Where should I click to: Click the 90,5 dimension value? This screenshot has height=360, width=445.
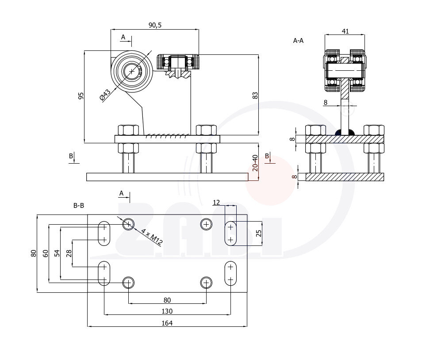click(155, 25)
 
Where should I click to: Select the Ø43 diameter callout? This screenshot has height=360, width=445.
click(105, 95)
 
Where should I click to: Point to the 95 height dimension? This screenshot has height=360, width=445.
click(81, 96)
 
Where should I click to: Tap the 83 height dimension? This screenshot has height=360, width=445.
click(255, 95)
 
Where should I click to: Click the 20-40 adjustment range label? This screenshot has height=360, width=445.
click(255, 164)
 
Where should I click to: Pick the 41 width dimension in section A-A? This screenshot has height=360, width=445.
click(346, 31)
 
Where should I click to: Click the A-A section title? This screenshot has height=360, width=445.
click(299, 41)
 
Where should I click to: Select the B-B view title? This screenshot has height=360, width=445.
click(79, 206)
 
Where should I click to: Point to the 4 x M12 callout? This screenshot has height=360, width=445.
click(150, 236)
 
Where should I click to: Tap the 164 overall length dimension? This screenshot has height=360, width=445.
click(167, 323)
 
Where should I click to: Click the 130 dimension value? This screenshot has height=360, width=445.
click(167, 311)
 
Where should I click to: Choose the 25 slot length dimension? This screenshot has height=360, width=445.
click(259, 234)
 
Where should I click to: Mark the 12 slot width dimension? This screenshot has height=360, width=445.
click(216, 203)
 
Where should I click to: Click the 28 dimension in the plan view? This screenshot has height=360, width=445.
click(69, 253)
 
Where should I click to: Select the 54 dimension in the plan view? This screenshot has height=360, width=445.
click(57, 253)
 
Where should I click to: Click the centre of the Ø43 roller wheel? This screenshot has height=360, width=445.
click(131, 71)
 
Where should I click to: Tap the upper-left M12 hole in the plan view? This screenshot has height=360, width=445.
click(128, 224)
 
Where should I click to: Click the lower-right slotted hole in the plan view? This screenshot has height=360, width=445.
click(230, 273)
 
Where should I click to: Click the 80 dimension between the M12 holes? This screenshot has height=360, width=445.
click(167, 299)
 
